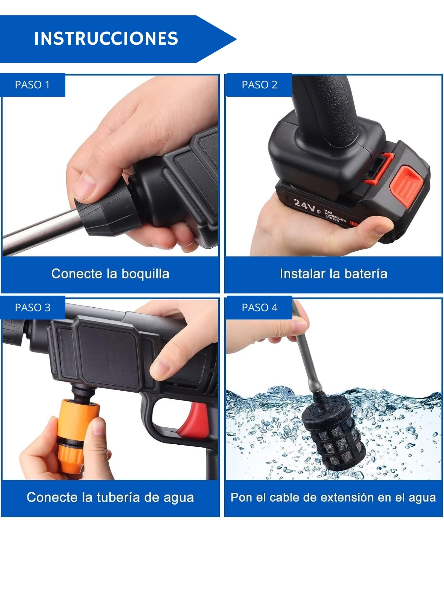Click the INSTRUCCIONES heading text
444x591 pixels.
click(106, 38)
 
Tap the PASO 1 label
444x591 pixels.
click(32, 85)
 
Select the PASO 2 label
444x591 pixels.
click(259, 85)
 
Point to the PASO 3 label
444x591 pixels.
click(33, 308)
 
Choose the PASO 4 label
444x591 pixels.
click(259, 308)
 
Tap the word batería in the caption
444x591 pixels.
click(366, 274)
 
